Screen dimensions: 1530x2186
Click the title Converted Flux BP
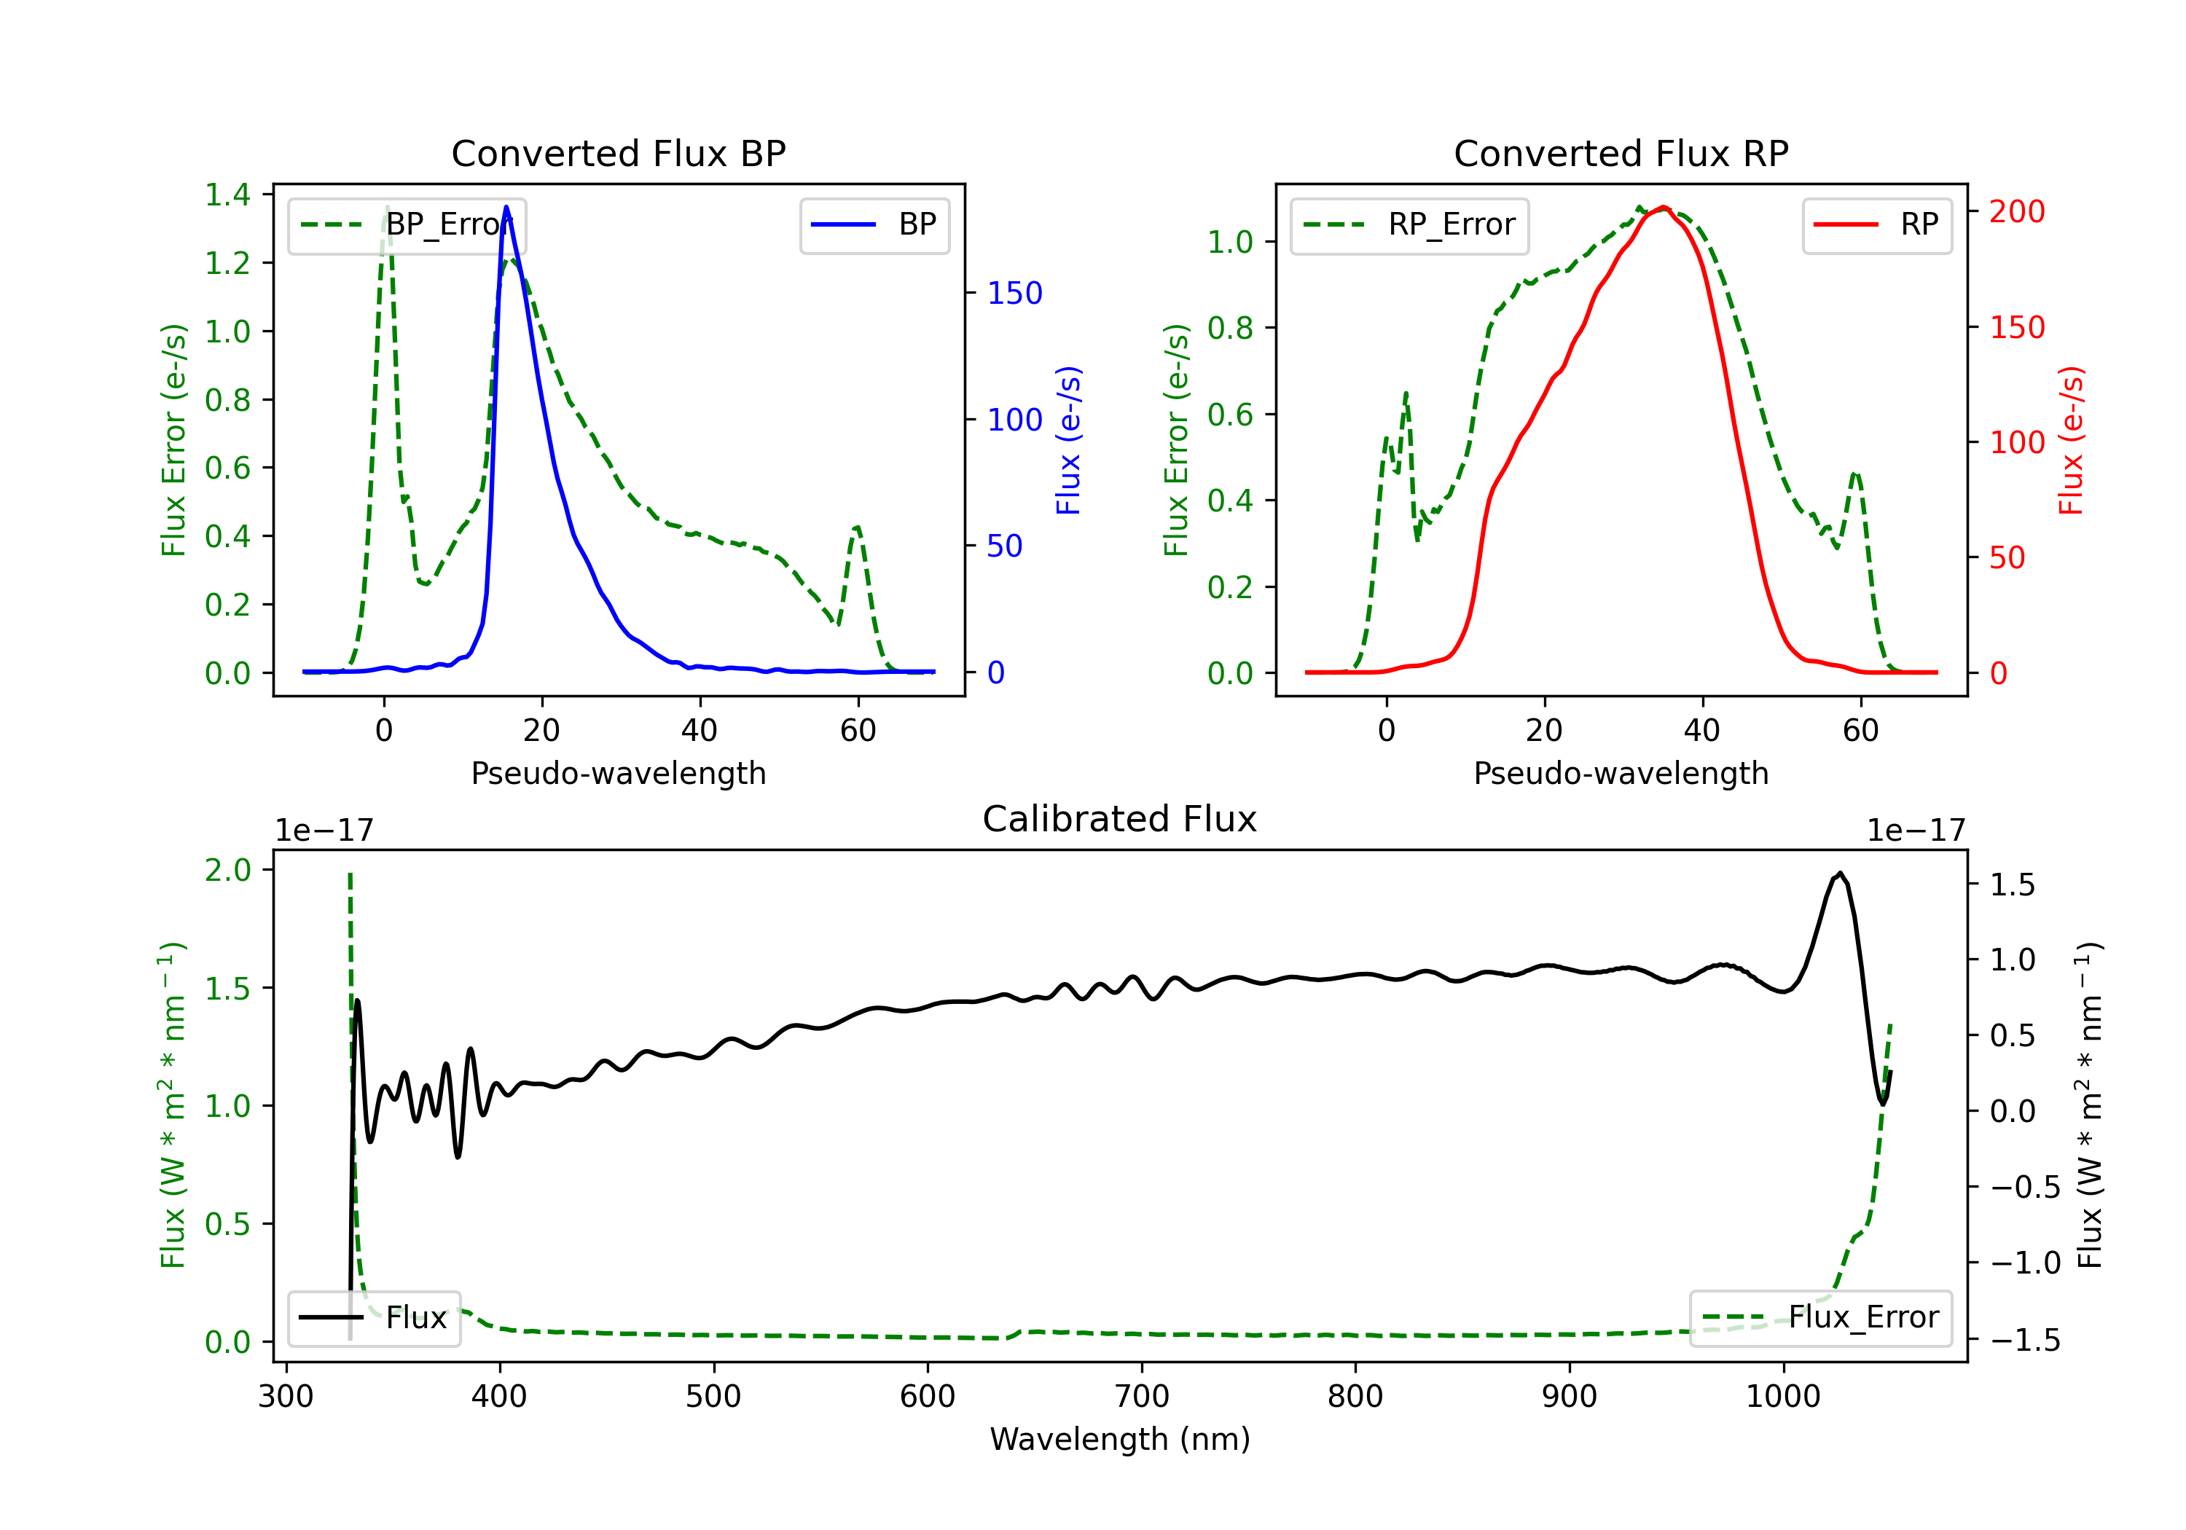tap(618, 153)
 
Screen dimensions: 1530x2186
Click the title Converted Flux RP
tap(1621, 153)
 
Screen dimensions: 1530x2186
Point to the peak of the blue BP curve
tap(506, 207)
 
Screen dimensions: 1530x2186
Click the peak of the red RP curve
tap(1662, 208)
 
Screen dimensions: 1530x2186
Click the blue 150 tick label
tap(1014, 293)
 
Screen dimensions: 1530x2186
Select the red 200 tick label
tap(2016, 211)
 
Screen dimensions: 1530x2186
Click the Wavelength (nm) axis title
tap(1120, 1439)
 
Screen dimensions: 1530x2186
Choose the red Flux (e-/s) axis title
tap(2072, 440)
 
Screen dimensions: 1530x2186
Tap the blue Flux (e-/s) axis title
tap(1069, 440)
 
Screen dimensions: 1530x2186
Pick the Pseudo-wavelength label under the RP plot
tap(1621, 773)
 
